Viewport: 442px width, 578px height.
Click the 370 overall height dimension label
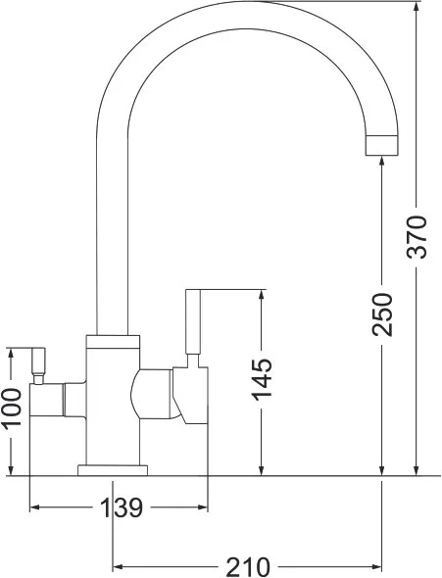coord(417,237)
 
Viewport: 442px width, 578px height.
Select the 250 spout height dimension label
coord(382,314)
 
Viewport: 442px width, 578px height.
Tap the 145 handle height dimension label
coord(262,379)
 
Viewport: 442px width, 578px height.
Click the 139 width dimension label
coord(122,508)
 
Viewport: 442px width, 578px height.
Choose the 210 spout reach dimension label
coord(248,567)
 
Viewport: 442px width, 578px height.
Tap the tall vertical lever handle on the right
coord(193,321)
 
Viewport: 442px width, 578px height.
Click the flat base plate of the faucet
coord(113,470)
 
